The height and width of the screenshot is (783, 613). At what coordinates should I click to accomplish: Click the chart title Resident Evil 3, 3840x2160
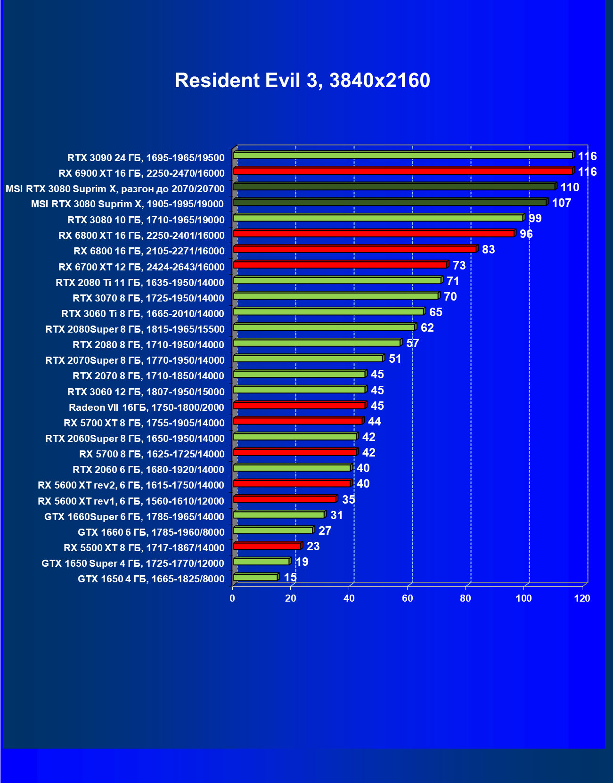[302, 81]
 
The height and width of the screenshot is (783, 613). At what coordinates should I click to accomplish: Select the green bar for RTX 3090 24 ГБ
[403, 155]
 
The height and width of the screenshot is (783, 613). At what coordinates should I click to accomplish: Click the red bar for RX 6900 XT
[403, 171]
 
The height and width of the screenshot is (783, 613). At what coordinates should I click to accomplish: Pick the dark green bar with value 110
[394, 187]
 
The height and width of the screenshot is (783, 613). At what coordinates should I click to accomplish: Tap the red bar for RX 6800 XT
[374, 234]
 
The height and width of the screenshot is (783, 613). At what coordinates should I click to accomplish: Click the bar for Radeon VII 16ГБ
[299, 405]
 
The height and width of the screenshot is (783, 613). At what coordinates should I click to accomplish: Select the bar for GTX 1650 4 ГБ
[255, 577]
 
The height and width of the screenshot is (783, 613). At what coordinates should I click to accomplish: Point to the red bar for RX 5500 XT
[267, 546]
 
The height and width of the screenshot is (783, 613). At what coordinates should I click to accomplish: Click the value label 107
[561, 203]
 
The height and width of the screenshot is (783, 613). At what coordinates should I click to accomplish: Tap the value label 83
[488, 250]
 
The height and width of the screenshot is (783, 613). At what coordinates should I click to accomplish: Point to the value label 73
[459, 266]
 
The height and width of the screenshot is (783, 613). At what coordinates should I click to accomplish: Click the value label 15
[290, 578]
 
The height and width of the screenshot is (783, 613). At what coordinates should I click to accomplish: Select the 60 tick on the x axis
[407, 598]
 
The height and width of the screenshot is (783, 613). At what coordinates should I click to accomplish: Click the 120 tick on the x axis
[582, 598]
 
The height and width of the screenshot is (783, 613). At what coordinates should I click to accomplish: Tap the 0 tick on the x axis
[232, 598]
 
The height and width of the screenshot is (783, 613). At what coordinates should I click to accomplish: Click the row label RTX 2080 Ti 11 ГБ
[140, 283]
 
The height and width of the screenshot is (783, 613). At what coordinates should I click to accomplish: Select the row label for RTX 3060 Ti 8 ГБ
[143, 314]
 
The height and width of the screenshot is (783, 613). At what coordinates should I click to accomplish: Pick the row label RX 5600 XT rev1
[131, 501]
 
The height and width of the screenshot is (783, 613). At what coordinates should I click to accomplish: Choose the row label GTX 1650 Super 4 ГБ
[133, 563]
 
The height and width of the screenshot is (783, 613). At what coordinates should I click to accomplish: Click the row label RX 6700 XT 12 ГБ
[141, 267]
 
